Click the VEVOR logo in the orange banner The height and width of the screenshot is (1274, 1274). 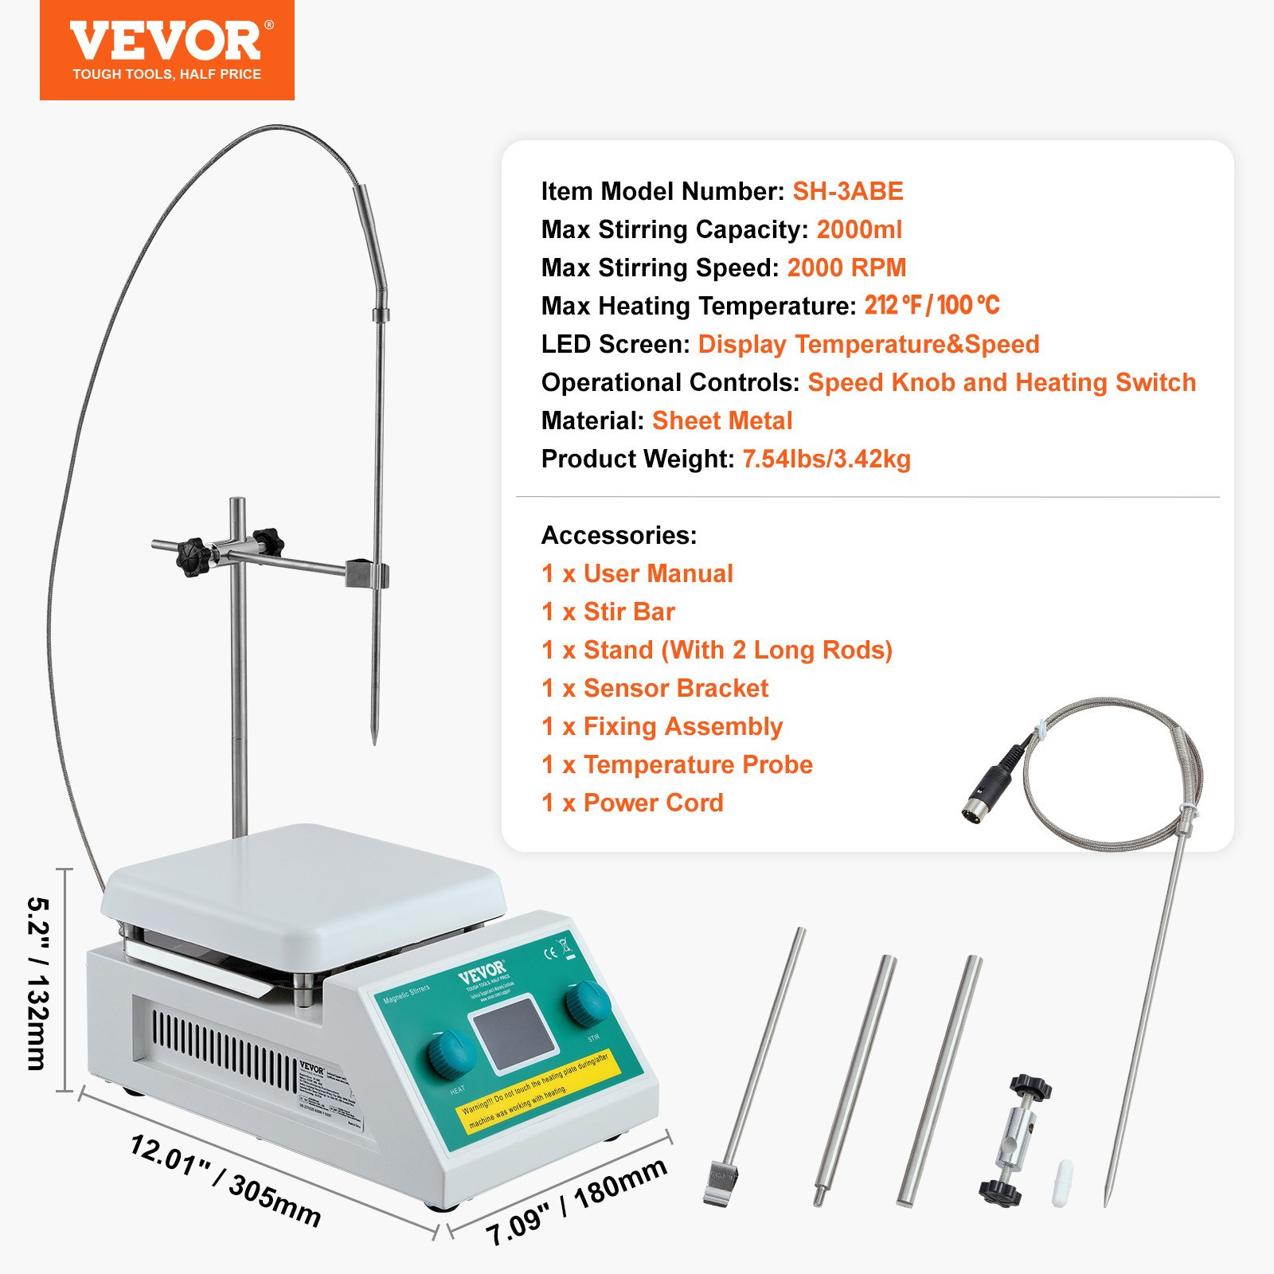166,41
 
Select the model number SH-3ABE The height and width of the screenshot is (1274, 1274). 847,192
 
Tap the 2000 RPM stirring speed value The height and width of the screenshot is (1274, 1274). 846,268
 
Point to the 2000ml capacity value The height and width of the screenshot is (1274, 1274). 859,230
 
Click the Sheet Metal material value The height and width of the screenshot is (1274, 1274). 722,421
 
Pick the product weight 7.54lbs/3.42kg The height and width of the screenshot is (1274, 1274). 827,459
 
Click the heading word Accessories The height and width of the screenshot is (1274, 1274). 619,536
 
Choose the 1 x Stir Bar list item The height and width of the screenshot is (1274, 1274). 608,612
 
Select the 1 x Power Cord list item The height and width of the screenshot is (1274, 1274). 632,803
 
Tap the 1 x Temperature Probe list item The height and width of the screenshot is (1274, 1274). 677,765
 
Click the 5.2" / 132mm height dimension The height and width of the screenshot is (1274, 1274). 37,983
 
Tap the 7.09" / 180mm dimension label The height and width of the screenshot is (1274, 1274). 576,1202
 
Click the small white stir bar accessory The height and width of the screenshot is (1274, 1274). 1063,1184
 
